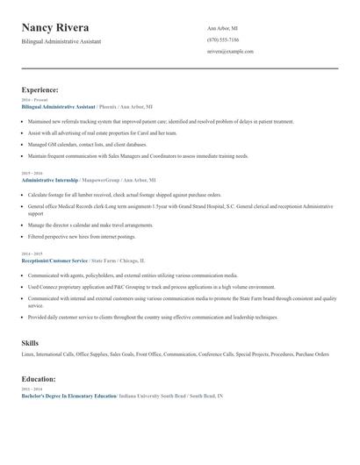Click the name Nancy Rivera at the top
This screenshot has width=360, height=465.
pyautogui.click(x=55, y=28)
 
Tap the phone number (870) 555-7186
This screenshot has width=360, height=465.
pyautogui.click(x=223, y=39)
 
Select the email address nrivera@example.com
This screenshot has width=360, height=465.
pyautogui.click(x=230, y=52)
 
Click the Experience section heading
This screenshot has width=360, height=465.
pyautogui.click(x=40, y=89)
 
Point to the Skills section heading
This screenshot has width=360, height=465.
pyautogui.click(x=31, y=342)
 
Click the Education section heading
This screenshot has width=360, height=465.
pyautogui.click(x=40, y=378)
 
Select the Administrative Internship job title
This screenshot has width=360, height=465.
pyautogui.click(x=49, y=179)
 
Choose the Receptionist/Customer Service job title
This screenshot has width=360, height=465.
pyautogui.click(x=54, y=261)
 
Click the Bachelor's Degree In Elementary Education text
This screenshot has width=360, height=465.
pyautogui.click(x=68, y=397)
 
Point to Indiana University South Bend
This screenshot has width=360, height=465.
pyautogui.click(x=153, y=397)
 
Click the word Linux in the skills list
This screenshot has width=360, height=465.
pyautogui.click(x=27, y=354)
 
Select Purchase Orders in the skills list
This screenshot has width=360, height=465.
pyautogui.click(x=312, y=354)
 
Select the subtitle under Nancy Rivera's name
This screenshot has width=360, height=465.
pyautogui.click(x=61, y=41)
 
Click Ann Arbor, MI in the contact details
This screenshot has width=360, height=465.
pyautogui.click(x=223, y=28)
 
